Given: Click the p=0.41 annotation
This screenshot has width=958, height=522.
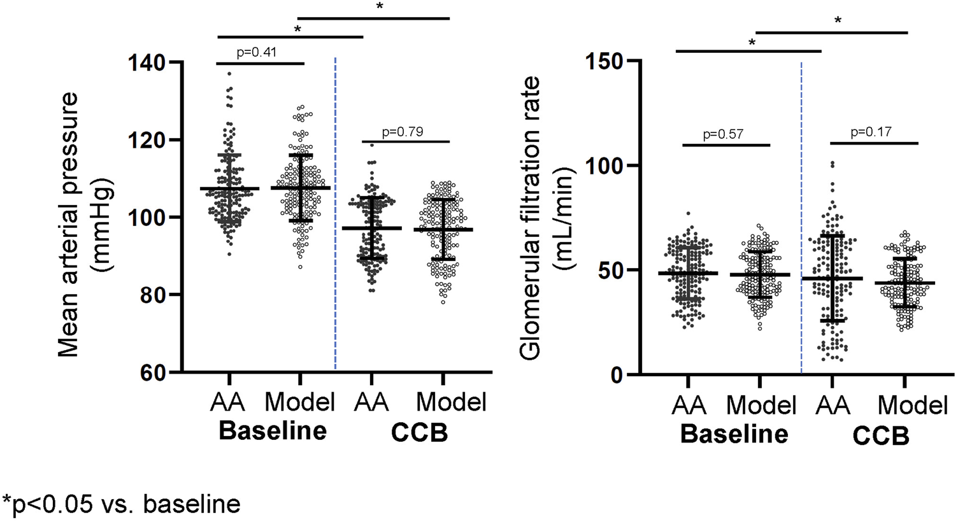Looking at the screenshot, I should pyautogui.click(x=256, y=52).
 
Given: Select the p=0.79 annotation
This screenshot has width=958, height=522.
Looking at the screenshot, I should pyautogui.click(x=403, y=132).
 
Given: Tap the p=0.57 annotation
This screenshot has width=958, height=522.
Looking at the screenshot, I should pyautogui.click(x=724, y=135).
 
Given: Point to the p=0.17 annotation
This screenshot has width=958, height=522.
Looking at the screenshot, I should pyautogui.click(x=871, y=132).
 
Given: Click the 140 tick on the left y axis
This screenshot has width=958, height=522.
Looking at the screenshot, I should pyautogui.click(x=147, y=63).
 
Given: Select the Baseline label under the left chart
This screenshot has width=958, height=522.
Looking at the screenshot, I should pyautogui.click(x=273, y=432).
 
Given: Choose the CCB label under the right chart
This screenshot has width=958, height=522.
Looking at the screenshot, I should pyautogui.click(x=881, y=437).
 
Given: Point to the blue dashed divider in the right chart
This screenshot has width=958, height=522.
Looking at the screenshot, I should pyautogui.click(x=801, y=216).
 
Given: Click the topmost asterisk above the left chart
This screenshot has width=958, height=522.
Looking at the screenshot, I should pyautogui.click(x=380, y=7).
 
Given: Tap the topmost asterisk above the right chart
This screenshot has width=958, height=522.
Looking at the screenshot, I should pyautogui.click(x=838, y=21).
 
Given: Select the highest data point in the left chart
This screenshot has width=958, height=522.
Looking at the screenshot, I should pyautogui.click(x=229, y=74).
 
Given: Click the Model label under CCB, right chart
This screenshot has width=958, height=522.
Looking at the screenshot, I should pyautogui.click(x=913, y=406).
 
